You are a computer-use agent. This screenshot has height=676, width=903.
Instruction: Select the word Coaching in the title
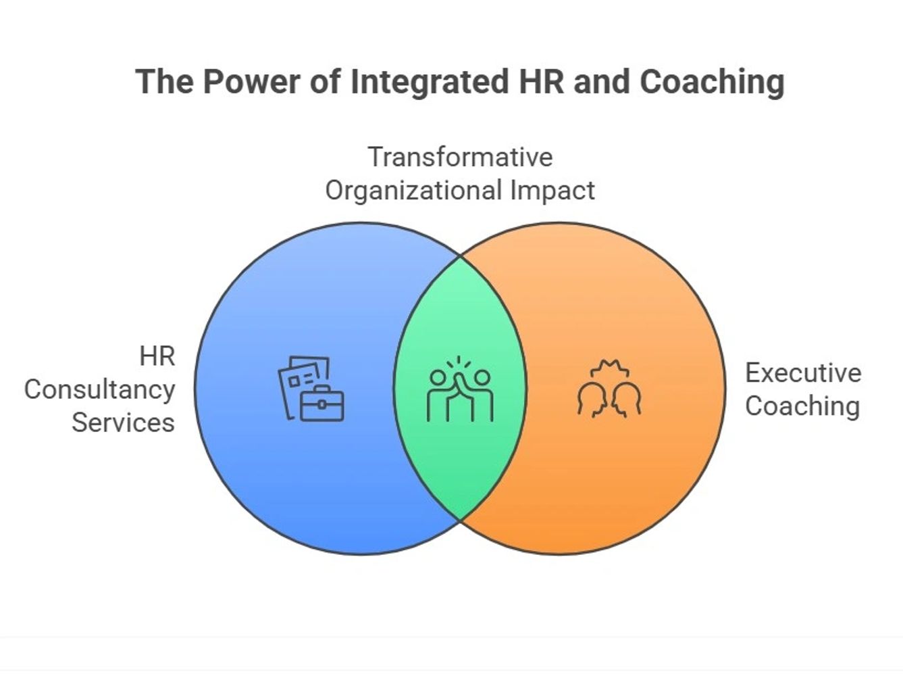712,82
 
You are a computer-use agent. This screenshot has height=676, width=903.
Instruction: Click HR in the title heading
541,82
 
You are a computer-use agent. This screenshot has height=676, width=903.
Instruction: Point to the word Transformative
460,157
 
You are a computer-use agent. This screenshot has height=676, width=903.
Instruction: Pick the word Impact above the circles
552,191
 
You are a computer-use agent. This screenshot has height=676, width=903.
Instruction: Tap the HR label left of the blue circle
157,356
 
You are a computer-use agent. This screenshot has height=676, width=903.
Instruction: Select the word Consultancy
100,390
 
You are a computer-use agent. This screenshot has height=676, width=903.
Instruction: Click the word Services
123,423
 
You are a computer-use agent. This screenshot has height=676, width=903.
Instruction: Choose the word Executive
803,373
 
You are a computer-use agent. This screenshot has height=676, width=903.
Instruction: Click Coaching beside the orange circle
802,406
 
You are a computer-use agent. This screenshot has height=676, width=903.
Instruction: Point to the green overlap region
460,460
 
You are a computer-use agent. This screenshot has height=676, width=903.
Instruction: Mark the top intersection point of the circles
461,257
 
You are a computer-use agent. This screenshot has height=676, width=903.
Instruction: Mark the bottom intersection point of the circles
461,521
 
